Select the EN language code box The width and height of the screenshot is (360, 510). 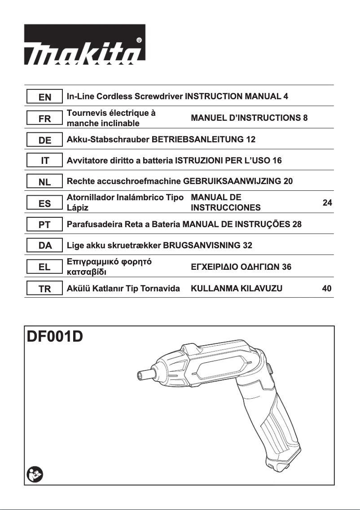click(44, 97)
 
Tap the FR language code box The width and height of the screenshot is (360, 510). click(44, 119)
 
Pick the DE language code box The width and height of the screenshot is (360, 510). click(44, 140)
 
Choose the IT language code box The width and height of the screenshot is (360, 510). click(44, 161)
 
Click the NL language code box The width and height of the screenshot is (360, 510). click(44, 182)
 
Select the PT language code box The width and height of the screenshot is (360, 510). click(44, 225)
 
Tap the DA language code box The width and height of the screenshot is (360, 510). click(44, 246)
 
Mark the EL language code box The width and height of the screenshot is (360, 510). click(44, 268)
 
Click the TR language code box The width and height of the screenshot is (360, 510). click(44, 289)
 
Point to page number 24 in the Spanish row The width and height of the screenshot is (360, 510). click(327, 203)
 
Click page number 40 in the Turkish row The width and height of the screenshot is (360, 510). click(327, 289)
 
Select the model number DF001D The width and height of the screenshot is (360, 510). click(56, 336)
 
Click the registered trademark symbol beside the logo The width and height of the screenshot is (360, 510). click(139, 40)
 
